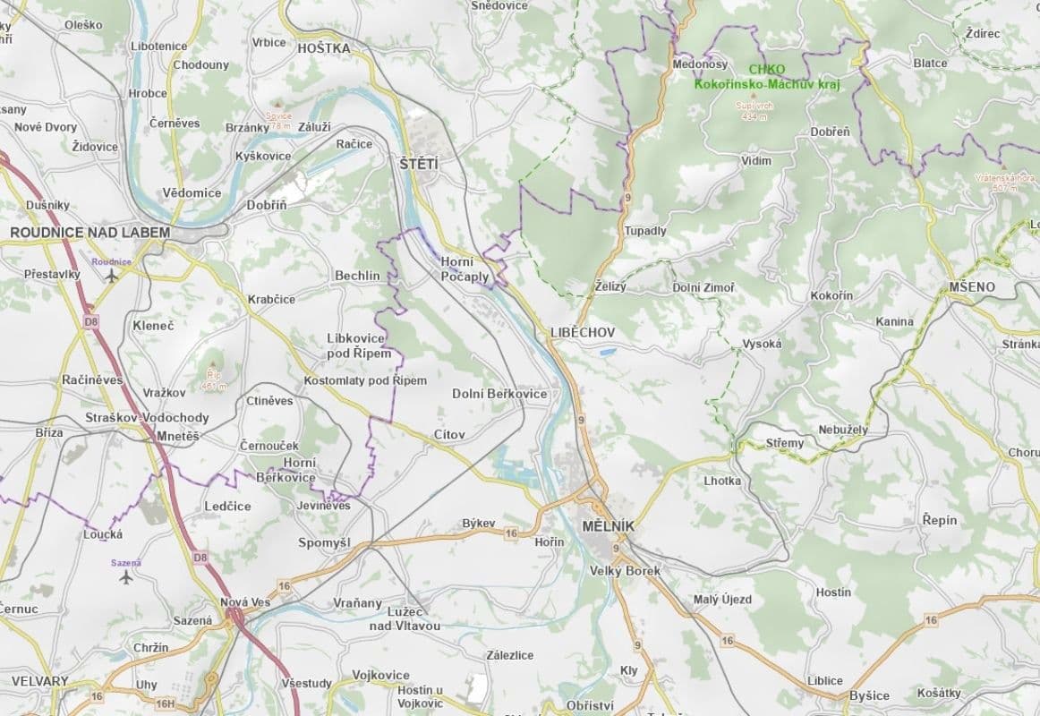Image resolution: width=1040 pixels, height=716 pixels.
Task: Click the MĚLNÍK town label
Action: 607,526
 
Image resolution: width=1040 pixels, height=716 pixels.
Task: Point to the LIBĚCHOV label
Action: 583,332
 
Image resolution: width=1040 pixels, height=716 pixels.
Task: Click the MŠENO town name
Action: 971,287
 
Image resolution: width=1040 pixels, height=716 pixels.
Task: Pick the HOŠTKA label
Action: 323,48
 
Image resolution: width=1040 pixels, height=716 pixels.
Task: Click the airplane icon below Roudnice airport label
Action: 111,276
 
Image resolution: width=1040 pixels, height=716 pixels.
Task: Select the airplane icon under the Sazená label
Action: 126,576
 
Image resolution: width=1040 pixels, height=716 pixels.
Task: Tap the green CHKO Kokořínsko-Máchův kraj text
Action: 767,78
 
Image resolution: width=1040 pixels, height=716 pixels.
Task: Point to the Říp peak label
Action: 213,379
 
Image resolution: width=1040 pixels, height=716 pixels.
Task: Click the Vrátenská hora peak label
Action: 1005,183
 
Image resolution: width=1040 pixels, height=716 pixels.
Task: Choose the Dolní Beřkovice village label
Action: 499,394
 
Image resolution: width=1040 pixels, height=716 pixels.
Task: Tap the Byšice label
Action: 869,695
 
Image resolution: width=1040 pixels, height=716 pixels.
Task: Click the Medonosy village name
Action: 700,64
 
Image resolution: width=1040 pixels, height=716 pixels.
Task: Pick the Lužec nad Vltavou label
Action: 405,618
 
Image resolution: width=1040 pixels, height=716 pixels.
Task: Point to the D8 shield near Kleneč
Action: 90,320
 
